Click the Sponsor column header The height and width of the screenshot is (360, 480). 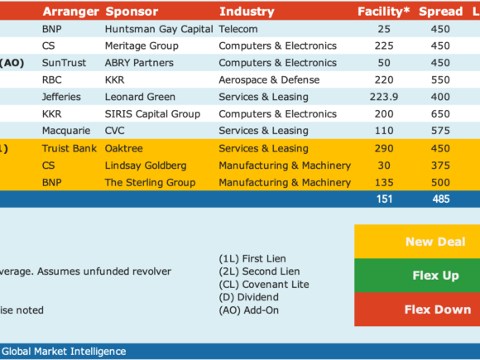(132, 12)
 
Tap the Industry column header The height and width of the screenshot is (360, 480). (247, 12)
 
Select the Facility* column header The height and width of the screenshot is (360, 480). (383, 12)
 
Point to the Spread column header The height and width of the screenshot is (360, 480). (440, 12)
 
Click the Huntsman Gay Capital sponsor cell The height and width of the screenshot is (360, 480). (159, 29)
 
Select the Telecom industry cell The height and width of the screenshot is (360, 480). (238, 29)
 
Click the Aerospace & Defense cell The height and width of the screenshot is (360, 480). (269, 80)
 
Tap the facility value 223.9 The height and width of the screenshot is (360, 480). (384, 97)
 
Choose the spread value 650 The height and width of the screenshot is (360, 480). (440, 114)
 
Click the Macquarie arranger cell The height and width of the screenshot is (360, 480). (66, 131)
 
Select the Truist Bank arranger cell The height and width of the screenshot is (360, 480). (70, 148)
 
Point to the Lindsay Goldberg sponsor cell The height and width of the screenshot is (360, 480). (146, 166)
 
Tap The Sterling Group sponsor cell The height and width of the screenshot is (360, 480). (150, 182)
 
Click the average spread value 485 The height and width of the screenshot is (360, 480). (441, 199)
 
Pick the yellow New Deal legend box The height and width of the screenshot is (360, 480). (417, 242)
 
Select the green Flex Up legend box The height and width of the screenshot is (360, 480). (417, 276)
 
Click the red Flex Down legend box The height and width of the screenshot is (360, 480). (417, 310)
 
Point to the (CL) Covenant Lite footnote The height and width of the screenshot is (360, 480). (264, 285)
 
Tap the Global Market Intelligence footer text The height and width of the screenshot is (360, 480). (64, 352)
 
